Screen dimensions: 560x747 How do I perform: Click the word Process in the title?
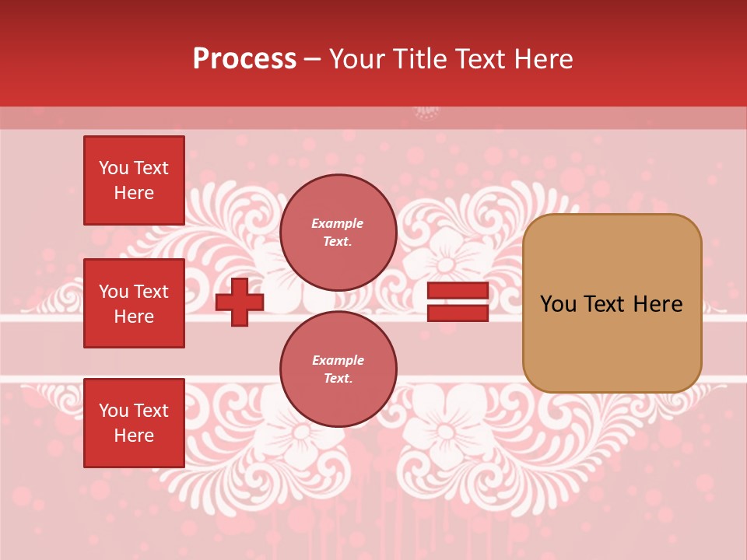click(x=244, y=59)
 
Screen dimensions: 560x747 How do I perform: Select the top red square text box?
click(x=134, y=180)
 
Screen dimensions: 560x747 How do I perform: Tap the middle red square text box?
click(x=134, y=303)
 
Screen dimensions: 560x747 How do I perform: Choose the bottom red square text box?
click(x=134, y=423)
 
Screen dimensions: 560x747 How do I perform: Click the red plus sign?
click(x=240, y=302)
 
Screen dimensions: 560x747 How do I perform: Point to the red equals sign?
click(x=458, y=302)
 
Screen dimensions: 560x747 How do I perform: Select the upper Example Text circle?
click(x=338, y=233)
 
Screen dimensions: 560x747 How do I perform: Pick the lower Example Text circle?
click(x=338, y=369)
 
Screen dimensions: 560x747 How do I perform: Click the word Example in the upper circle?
click(x=338, y=223)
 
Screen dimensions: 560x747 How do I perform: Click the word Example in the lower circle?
click(x=338, y=360)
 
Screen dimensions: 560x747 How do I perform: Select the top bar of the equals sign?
click(x=458, y=291)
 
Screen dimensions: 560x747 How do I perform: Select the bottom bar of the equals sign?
click(x=458, y=313)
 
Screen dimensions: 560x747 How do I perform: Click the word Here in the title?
click(x=544, y=59)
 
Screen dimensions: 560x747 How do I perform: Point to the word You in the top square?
click(x=114, y=168)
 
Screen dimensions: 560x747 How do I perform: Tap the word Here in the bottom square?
click(x=134, y=436)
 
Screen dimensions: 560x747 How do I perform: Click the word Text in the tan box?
click(x=602, y=304)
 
